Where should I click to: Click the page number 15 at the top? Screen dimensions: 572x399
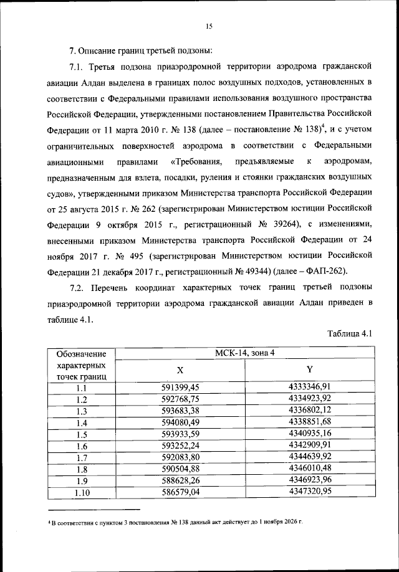click(209, 26)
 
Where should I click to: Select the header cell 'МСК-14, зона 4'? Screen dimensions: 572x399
click(245, 353)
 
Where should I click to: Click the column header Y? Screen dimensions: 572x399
click(310, 369)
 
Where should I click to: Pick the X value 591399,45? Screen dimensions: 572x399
click(180, 388)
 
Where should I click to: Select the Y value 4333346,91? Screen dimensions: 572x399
click(310, 387)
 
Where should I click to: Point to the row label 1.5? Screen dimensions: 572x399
click(82, 434)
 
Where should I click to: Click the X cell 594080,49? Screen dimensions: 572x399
click(180, 422)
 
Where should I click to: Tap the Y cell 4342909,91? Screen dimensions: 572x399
click(310, 446)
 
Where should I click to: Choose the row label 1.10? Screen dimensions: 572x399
click(82, 493)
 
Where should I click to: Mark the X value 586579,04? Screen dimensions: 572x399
click(180, 492)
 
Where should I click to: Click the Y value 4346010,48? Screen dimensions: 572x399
click(310, 469)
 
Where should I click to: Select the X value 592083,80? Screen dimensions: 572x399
click(180, 457)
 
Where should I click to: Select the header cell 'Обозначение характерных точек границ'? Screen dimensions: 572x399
click(82, 365)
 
